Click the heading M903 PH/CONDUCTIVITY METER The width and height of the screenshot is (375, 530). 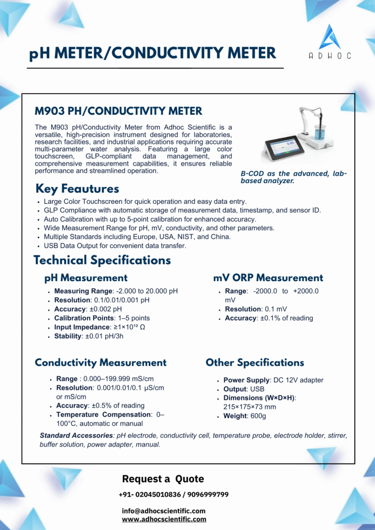tap(119, 111)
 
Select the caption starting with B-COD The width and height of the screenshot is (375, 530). tap(293, 178)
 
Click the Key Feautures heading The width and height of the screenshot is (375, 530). tap(77, 189)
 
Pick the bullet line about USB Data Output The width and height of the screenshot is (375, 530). tap(115, 246)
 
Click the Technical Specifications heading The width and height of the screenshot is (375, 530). tap(102, 260)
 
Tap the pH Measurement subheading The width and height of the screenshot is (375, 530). tap(86, 278)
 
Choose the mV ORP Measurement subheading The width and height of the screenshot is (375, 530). tap(268, 278)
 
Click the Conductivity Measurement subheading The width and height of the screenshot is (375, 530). tap(100, 363)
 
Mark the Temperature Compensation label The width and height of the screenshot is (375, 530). tap(96, 415)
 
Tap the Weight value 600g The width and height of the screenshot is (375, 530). tap(258, 416)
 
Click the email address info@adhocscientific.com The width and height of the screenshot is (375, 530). tap(164, 511)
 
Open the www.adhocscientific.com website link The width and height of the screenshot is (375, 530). tap(164, 519)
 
